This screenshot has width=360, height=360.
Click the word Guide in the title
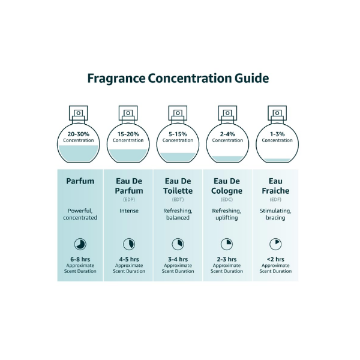[251, 78]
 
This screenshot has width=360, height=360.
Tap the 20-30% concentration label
[78, 134]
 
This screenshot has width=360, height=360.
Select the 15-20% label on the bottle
[128, 134]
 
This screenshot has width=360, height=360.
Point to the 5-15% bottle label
[178, 134]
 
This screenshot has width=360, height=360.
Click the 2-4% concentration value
[227, 134]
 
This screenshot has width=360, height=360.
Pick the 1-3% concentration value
[277, 134]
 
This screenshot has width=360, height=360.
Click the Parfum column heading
[80, 181]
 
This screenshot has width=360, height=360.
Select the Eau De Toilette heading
[178, 186]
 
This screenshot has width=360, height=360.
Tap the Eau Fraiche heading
[275, 186]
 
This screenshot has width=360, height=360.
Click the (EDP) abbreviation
[129, 200]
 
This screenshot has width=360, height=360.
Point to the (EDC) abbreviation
[227, 200]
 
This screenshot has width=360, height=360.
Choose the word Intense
[129, 211]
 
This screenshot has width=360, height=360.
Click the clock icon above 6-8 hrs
[80, 244]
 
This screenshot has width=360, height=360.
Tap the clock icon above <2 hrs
[275, 244]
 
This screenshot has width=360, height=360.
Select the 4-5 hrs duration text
[129, 259]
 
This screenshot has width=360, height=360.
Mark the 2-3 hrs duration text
[227, 259]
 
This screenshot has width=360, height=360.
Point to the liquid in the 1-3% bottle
[277, 160]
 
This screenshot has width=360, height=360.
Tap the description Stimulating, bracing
[275, 214]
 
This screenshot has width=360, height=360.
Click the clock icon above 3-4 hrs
[178, 244]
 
